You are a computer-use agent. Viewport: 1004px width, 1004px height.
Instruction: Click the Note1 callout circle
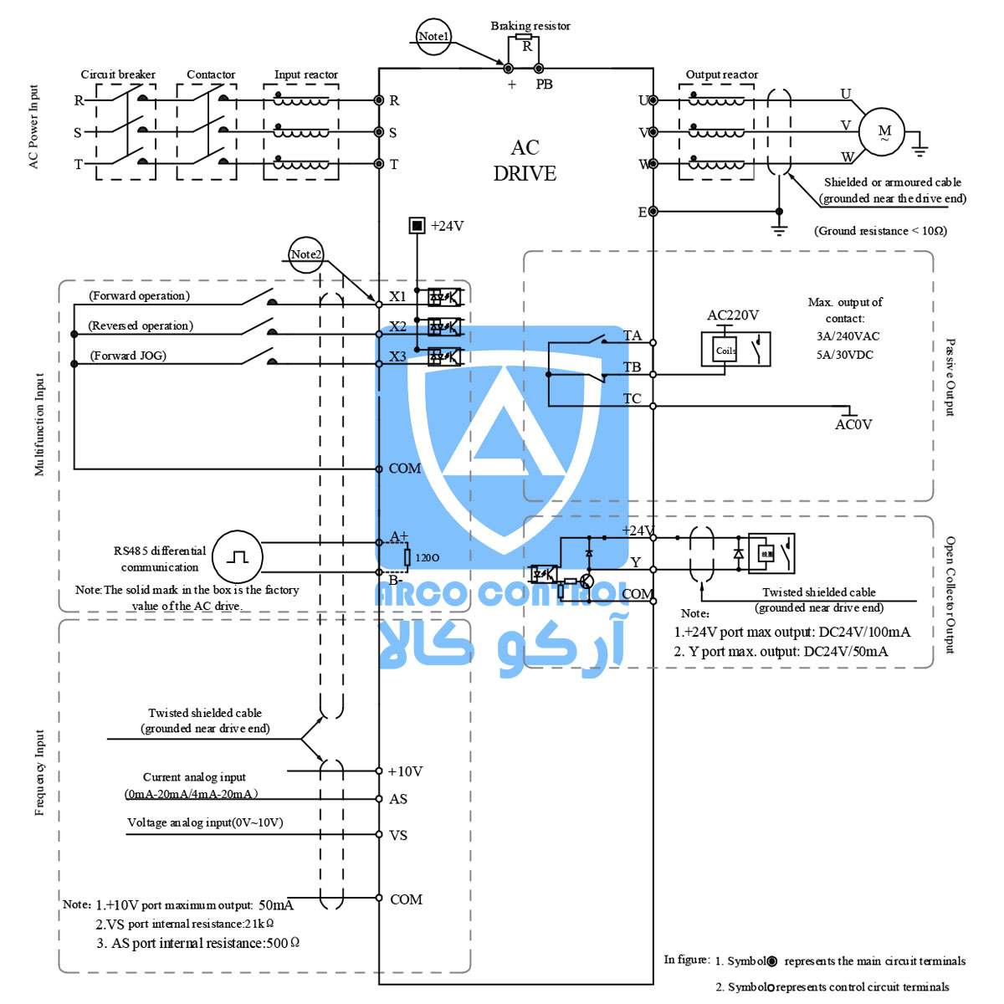pos(433,36)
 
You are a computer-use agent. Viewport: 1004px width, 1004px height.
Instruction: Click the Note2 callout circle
pos(305,254)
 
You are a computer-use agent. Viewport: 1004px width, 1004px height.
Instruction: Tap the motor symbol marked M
pos(884,131)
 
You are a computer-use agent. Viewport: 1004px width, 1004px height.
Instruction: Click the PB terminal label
pos(544,85)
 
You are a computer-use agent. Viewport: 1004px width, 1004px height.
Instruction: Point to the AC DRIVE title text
pos(525,161)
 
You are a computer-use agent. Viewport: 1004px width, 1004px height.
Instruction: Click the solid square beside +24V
pos(417,226)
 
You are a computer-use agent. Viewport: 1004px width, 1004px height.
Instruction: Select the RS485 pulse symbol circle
pos(237,556)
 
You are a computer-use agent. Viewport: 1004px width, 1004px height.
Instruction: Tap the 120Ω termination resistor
pos(407,557)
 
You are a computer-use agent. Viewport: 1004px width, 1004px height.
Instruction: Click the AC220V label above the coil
pos(733,315)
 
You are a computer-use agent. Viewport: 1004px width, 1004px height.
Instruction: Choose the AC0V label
pos(853,425)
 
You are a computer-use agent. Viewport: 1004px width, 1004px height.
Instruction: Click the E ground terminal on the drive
pos(653,212)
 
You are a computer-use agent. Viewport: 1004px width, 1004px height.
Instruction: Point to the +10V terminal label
pos(405,771)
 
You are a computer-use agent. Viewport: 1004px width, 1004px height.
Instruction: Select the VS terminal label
pos(398,835)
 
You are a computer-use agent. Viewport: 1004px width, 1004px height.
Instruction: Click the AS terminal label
pos(398,799)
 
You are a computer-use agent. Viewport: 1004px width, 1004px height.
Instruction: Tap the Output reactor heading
pos(721,74)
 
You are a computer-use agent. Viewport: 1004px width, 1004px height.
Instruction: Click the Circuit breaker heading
pos(118,74)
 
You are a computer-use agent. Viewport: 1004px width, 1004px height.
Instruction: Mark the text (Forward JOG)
pos(128,356)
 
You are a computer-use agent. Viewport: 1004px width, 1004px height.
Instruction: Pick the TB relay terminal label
pos(632,367)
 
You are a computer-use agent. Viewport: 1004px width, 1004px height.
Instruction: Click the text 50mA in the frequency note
pos(275,905)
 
